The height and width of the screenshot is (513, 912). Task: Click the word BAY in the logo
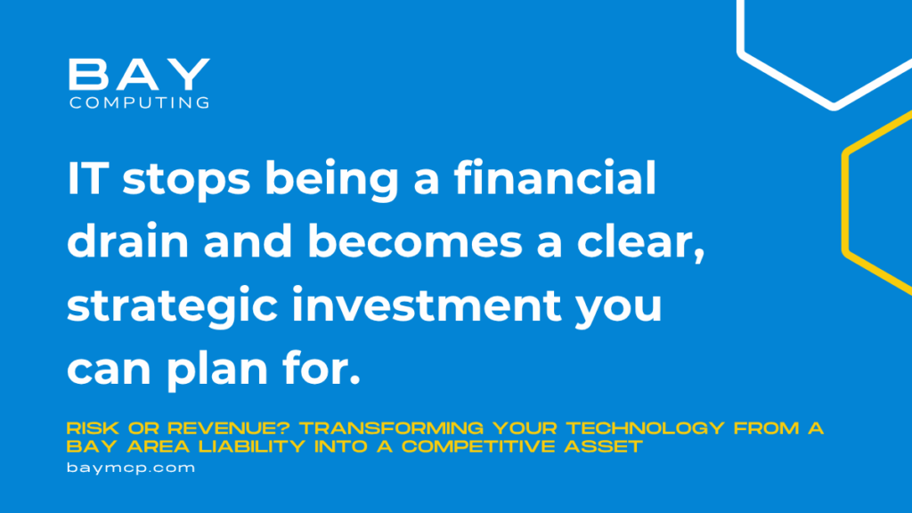tap(139, 74)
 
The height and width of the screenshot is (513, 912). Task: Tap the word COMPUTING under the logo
tap(140, 103)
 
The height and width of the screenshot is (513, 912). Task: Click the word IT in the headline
tap(88, 178)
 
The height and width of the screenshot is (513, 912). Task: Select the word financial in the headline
tap(555, 178)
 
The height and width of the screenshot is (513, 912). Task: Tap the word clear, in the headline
tap(641, 242)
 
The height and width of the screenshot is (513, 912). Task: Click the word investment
tap(427, 305)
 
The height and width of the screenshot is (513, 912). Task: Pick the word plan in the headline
tap(217, 370)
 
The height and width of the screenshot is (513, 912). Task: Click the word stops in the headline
tap(186, 180)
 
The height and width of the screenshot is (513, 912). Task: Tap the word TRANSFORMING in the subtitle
tap(392, 428)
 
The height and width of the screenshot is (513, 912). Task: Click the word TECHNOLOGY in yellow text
tap(646, 428)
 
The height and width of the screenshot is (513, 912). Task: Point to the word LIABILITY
tap(252, 447)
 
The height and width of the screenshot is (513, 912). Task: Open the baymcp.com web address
tap(131, 468)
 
